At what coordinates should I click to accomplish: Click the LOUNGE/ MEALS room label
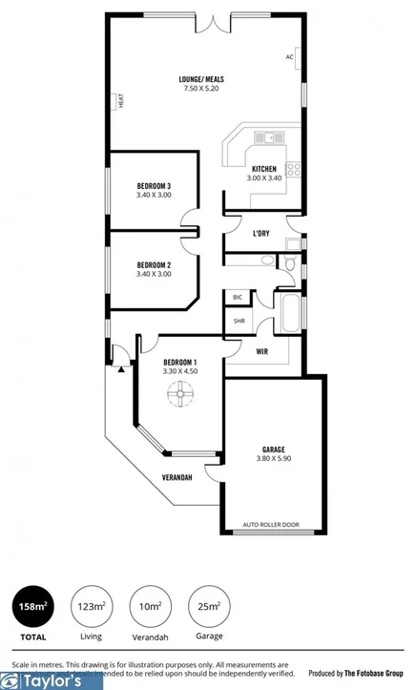pos(201,79)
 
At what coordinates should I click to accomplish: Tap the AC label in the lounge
pos(289,56)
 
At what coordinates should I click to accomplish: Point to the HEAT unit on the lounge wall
pos(121,99)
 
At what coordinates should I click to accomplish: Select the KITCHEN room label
pos(264,169)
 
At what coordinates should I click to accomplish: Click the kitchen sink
pos(271,137)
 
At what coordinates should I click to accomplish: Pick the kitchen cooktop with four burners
pos(294,170)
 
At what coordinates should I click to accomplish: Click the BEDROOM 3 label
pos(154,185)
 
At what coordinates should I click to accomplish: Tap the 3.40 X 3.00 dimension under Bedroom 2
pos(154,274)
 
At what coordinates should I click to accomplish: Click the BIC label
pos(238,298)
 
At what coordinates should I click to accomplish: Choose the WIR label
pos(261,351)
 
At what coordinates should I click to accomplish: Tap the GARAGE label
pos(274,449)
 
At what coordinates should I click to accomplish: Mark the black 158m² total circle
pos(30,605)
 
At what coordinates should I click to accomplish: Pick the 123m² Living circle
pos(91,605)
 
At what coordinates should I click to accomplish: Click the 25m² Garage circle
pos(209,605)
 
